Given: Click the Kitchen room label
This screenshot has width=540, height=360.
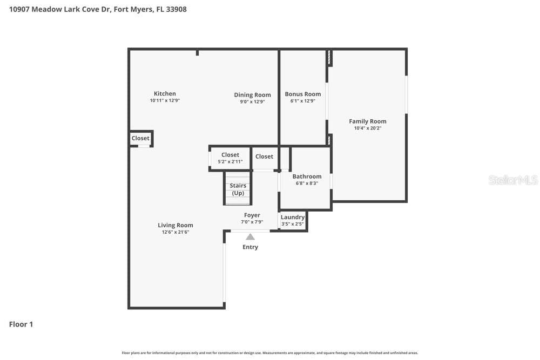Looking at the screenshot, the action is click(165, 93).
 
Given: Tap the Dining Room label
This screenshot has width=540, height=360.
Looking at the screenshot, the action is click(252, 95).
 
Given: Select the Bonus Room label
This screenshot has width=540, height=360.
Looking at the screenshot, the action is click(303, 94).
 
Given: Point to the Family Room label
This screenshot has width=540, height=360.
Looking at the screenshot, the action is click(367, 121).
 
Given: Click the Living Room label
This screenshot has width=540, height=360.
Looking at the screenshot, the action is click(175, 226).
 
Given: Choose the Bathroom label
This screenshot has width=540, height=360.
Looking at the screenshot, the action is click(307, 176).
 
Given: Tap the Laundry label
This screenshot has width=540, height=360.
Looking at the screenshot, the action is click(292, 217).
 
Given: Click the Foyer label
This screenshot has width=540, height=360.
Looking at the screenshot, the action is click(252, 215).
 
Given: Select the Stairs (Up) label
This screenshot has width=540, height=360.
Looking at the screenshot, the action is click(238, 189).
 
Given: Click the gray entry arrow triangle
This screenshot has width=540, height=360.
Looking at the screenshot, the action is click(251, 237).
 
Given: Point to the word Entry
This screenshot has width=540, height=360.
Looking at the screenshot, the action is click(250, 247).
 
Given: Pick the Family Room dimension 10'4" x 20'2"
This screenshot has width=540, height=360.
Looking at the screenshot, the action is click(367, 128).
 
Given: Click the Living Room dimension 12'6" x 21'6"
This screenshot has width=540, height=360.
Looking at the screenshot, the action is click(175, 232).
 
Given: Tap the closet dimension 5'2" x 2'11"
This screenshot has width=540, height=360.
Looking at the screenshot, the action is click(230, 161).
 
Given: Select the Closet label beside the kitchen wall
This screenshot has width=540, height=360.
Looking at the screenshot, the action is click(140, 138).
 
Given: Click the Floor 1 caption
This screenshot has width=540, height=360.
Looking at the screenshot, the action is click(21, 324).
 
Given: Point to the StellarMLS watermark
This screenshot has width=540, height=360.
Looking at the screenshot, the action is click(513, 180).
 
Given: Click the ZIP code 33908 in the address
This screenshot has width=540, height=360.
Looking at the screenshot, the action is click(177, 9).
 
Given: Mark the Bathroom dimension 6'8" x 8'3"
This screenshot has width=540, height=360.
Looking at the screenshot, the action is click(307, 184).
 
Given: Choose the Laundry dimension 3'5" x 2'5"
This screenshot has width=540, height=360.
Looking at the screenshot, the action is click(292, 224).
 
